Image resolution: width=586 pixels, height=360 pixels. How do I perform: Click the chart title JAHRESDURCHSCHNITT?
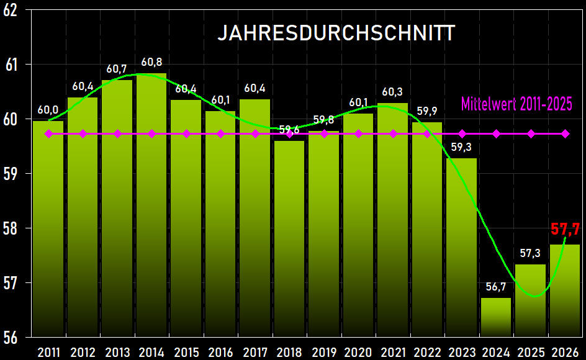pos(336,33)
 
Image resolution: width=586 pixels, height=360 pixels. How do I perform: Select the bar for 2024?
pos(496,317)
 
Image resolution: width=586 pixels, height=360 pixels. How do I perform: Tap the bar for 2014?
pos(151,205)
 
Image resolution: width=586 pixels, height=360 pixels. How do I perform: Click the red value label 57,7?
pos(565,229)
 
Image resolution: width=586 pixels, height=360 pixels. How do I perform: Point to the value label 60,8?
pos(151,62)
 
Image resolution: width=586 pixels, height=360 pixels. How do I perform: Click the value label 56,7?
pos(496,286)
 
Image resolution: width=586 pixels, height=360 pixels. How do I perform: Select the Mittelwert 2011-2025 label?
pos(516,103)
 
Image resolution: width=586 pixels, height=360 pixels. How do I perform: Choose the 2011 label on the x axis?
pos(48,352)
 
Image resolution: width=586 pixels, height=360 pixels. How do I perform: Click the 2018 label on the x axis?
pos(289,352)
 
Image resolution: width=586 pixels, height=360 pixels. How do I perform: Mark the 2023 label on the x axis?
pos(461,352)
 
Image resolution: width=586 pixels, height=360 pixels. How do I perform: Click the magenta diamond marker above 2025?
pos(531,133)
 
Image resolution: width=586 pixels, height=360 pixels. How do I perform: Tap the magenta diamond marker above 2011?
pos(48,133)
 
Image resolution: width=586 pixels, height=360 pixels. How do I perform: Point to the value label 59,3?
pos(461,147)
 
